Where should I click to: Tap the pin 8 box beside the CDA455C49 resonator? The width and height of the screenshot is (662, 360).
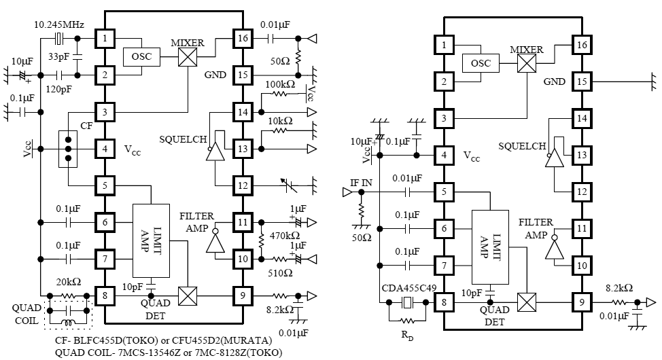[x=444, y=303]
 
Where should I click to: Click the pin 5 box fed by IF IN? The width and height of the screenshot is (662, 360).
[x=444, y=192]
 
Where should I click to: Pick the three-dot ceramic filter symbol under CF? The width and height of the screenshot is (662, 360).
[x=68, y=148]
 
